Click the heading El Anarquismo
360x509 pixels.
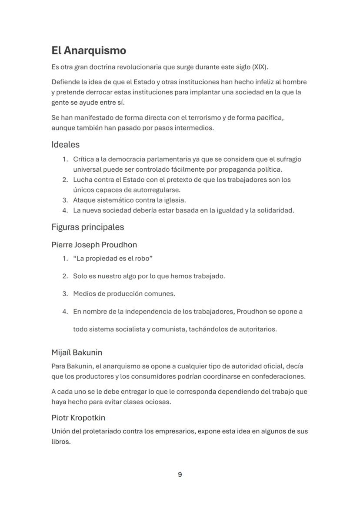89,51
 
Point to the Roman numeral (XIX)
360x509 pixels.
260,67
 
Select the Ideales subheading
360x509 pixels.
66,144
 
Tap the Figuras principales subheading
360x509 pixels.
87,227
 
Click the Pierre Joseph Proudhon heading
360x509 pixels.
94,245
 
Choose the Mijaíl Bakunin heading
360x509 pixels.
77,352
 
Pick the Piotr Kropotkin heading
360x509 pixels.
78,418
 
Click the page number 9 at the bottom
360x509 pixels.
180,475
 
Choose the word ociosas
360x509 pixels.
157,402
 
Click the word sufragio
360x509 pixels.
287,159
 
